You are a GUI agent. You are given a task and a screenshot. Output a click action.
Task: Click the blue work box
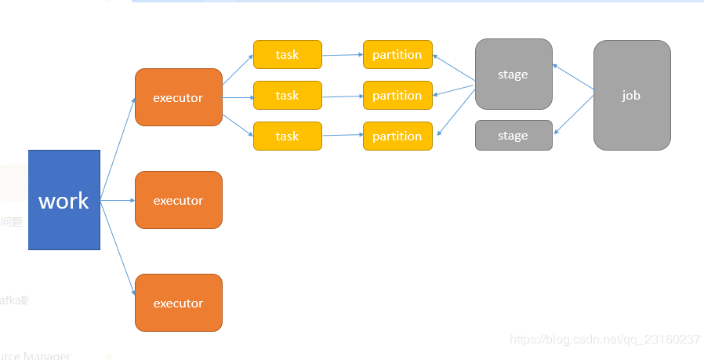(x=64, y=200)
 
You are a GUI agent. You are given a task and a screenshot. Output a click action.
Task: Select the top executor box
(x=179, y=97)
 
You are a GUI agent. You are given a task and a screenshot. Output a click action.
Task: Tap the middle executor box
(x=179, y=200)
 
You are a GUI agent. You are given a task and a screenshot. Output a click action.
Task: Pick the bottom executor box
(x=179, y=303)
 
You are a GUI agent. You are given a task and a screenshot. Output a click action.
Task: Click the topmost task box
(x=287, y=55)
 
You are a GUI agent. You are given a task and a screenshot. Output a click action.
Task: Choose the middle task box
(x=287, y=96)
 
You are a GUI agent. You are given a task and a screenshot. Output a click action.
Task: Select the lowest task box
(x=287, y=136)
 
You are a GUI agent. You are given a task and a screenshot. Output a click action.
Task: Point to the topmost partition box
(x=397, y=55)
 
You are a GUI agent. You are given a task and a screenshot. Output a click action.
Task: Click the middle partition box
(x=397, y=96)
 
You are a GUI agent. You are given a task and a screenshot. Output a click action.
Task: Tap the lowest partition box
(x=397, y=136)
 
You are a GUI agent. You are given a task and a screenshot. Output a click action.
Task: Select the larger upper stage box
(x=513, y=75)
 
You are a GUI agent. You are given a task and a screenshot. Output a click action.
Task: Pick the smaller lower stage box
(x=513, y=136)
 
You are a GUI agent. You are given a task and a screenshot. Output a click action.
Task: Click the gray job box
(x=632, y=95)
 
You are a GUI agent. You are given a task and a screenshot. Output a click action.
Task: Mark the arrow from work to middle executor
(x=118, y=200)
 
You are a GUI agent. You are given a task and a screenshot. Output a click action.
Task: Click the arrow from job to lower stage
(x=574, y=114)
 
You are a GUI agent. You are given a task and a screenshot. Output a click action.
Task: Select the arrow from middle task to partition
(x=343, y=96)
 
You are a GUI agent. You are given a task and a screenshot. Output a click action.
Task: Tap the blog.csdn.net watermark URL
(x=604, y=340)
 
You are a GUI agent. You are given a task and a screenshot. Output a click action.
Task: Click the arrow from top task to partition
(x=343, y=55)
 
